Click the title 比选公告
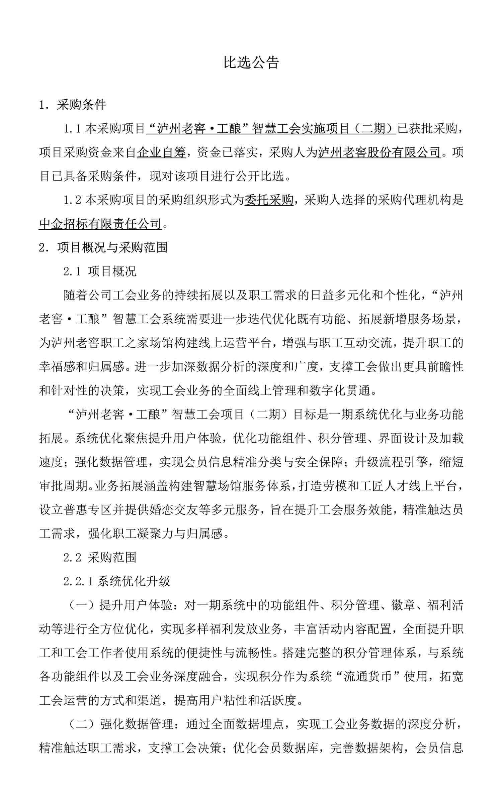[x=251, y=63]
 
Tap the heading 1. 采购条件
[x=73, y=105]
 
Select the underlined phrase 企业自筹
[x=161, y=152]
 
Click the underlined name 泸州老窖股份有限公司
[x=379, y=152]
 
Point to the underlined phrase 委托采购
[x=269, y=200]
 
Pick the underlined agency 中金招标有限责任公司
[x=100, y=224]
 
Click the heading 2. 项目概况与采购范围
[x=103, y=247]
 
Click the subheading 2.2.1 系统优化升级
[x=117, y=581]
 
